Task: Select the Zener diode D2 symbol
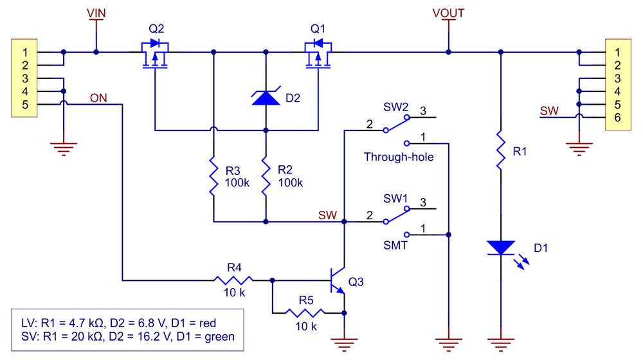(265, 98)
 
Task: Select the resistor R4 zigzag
(233, 280)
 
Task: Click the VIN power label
(96, 12)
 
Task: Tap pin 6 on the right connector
(616, 117)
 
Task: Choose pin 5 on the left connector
(24, 104)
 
